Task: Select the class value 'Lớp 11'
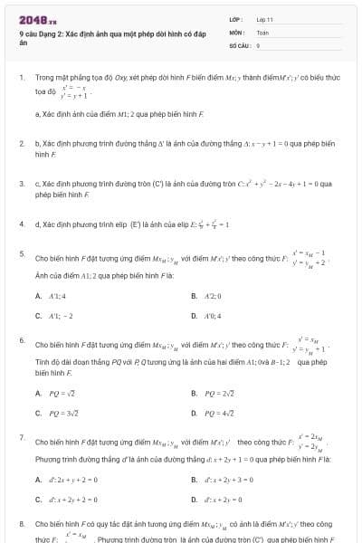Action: point(265,19)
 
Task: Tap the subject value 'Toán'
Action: point(262,32)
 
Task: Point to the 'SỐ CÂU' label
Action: point(238,44)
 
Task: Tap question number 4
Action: point(22,223)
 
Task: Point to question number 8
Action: point(22,523)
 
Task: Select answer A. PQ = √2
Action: point(55,394)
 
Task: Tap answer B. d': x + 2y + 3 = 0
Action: point(226,480)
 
